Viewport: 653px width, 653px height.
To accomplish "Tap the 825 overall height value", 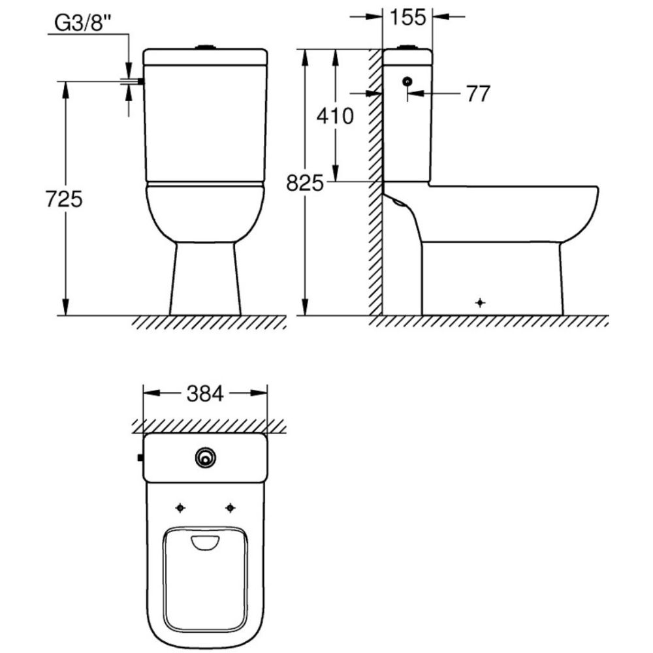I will pyautogui.click(x=305, y=183).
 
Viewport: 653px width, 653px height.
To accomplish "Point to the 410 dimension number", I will pyautogui.click(x=334, y=116).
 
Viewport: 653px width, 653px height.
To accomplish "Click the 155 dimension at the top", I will pyautogui.click(x=408, y=18).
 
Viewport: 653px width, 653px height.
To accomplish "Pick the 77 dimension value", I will pyautogui.click(x=477, y=94).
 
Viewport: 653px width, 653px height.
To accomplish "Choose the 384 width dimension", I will pyautogui.click(x=205, y=393).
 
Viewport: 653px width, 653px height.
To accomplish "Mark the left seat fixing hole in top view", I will pyautogui.click(x=181, y=507).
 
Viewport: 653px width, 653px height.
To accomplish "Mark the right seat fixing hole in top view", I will pyautogui.click(x=230, y=507).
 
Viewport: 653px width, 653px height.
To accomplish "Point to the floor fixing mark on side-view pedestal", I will pyautogui.click(x=481, y=302).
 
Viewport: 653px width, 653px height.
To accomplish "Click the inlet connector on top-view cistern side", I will pyautogui.click(x=140, y=458).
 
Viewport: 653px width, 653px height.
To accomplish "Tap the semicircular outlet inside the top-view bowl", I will pyautogui.click(x=206, y=542).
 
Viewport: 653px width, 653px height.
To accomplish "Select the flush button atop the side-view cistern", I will pyautogui.click(x=407, y=46).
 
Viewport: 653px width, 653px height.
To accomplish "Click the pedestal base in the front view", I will pyautogui.click(x=206, y=281).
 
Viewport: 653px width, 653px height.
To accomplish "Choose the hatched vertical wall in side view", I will pyautogui.click(x=375, y=183).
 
